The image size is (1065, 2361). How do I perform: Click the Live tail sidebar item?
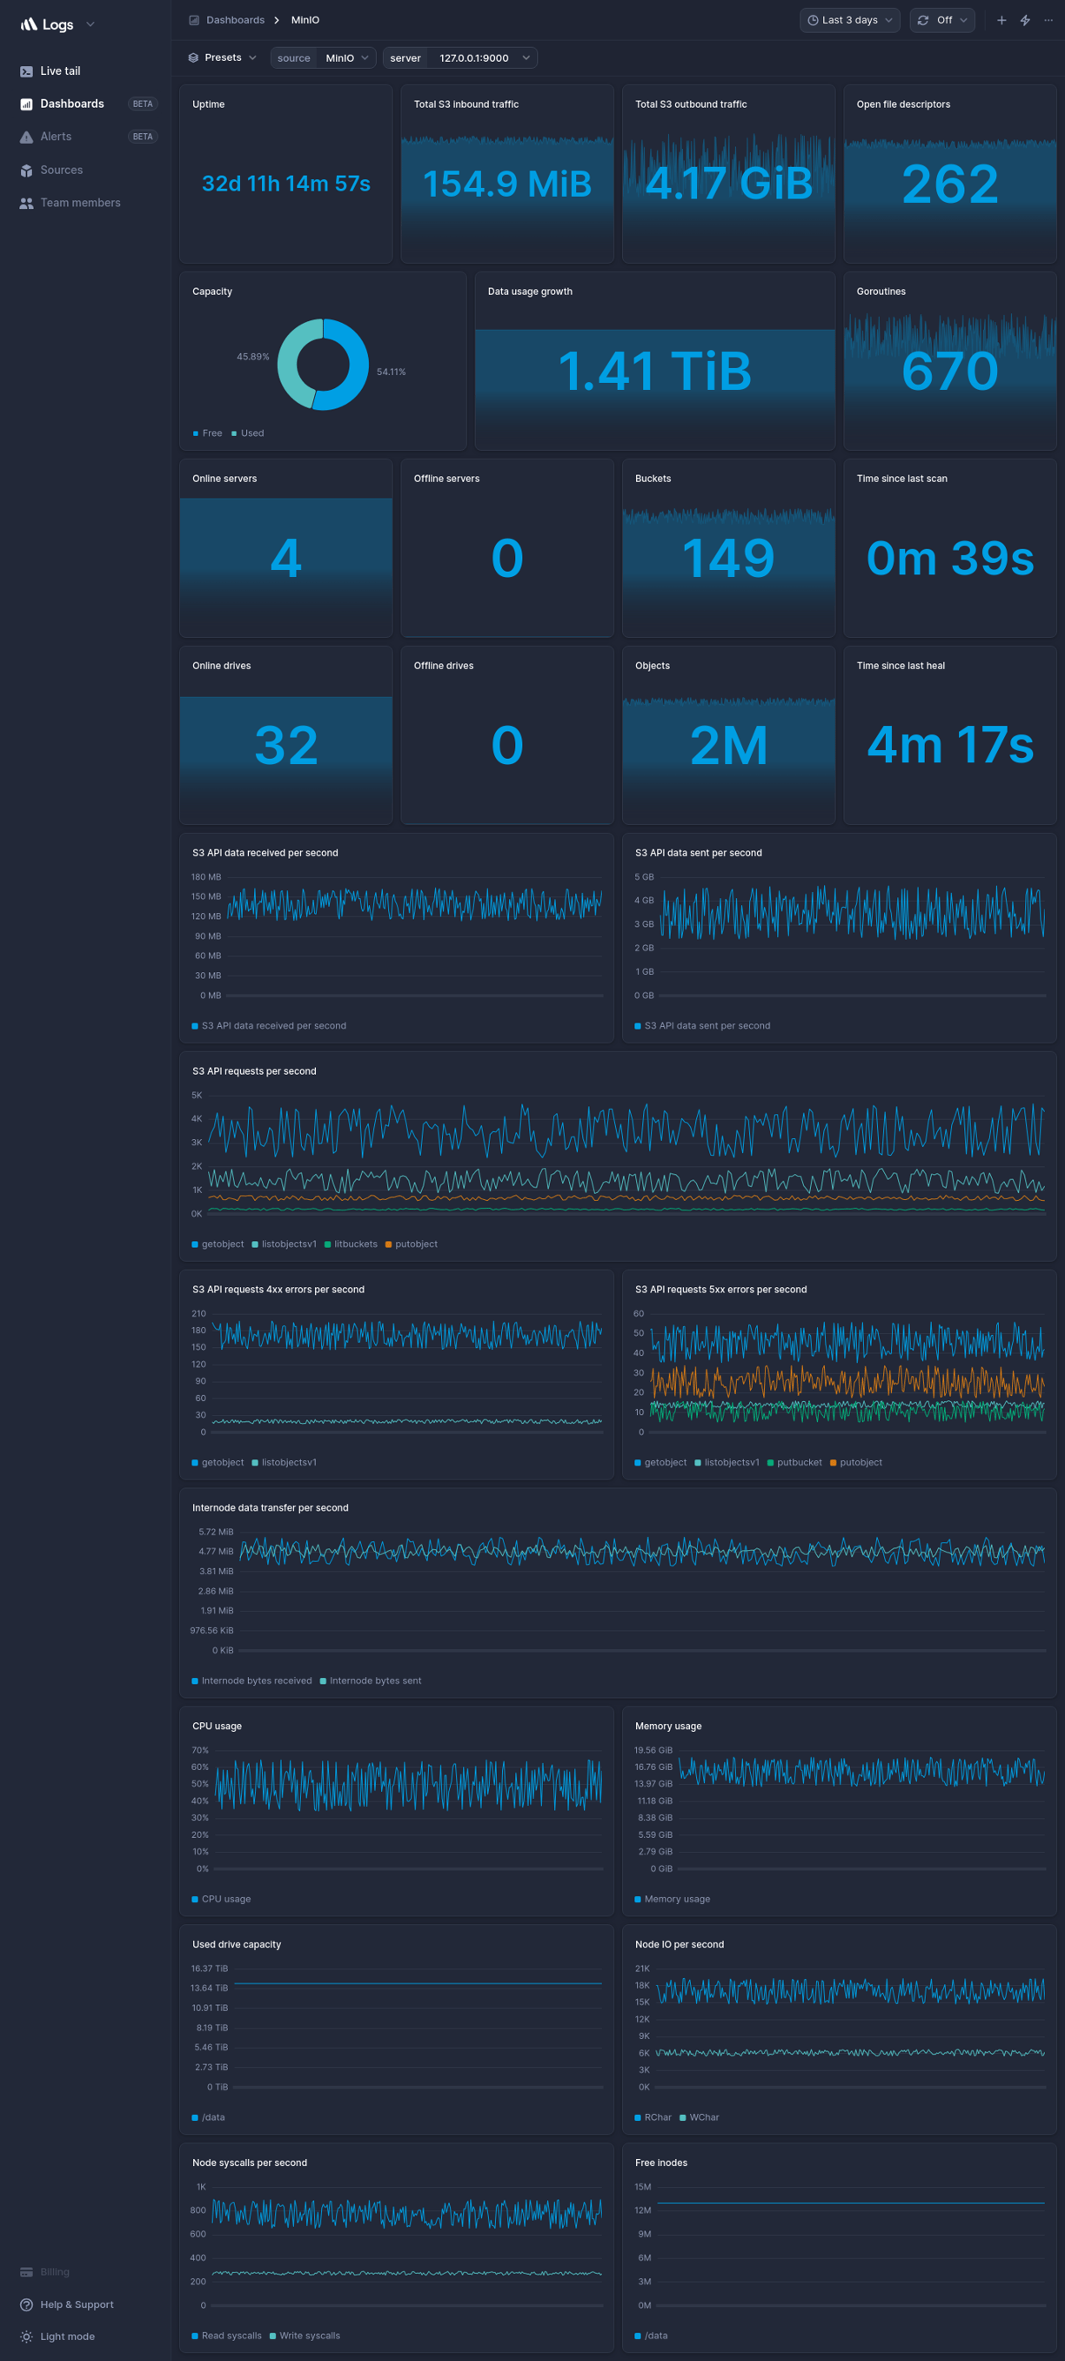(59, 70)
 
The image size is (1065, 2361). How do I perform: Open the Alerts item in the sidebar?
(55, 137)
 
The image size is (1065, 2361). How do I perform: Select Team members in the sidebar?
(80, 203)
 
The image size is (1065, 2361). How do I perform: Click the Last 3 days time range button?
(848, 20)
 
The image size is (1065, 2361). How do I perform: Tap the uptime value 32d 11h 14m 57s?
(286, 184)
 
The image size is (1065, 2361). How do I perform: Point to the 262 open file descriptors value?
(949, 184)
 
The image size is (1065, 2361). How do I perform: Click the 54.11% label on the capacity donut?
(391, 372)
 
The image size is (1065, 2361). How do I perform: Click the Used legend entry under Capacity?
(252, 433)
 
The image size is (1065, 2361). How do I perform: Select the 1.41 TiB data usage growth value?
(654, 372)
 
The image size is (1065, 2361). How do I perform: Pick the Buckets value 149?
(727, 557)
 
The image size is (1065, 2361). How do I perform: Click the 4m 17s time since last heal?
(949, 744)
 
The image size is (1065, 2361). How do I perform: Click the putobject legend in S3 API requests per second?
(416, 1244)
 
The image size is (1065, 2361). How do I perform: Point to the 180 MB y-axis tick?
(206, 877)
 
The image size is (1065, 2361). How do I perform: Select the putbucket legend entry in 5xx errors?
(798, 1462)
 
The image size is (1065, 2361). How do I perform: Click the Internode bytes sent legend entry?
(375, 1680)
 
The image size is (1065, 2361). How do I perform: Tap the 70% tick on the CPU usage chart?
(200, 1750)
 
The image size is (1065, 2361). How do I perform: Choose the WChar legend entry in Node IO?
(704, 2117)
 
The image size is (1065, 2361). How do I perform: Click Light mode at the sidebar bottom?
(67, 2337)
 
